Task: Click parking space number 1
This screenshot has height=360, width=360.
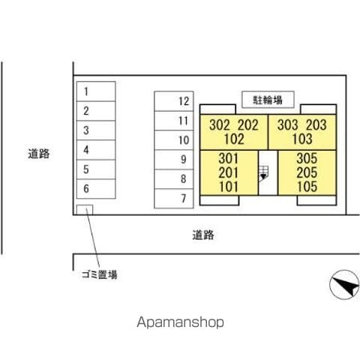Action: click(x=96, y=91)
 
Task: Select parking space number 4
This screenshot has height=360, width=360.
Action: click(x=96, y=150)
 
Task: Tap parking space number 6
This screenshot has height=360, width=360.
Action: click(x=96, y=189)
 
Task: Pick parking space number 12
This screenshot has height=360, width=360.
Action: click(x=174, y=101)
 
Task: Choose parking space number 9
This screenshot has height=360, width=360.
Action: click(x=174, y=160)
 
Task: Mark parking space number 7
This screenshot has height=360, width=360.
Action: click(x=174, y=199)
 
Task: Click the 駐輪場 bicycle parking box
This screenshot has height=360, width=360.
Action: click(x=268, y=100)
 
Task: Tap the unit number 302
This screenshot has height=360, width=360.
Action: click(x=220, y=125)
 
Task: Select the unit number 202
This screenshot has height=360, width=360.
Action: click(x=248, y=125)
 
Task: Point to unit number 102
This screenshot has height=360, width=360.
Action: click(x=234, y=139)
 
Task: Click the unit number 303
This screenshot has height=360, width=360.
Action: click(x=288, y=124)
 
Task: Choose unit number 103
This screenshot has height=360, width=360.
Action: click(x=302, y=139)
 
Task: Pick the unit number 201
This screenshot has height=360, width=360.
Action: click(x=229, y=172)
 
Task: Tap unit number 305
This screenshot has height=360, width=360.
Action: click(x=307, y=158)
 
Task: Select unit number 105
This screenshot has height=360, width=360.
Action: click(x=307, y=187)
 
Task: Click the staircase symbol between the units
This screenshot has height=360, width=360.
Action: click(x=263, y=173)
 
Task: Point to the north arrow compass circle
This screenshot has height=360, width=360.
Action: click(x=344, y=285)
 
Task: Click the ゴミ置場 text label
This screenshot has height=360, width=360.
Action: click(x=100, y=274)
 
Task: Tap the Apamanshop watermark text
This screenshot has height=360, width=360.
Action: click(x=180, y=322)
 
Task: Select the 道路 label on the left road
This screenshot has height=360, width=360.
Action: click(x=39, y=154)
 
